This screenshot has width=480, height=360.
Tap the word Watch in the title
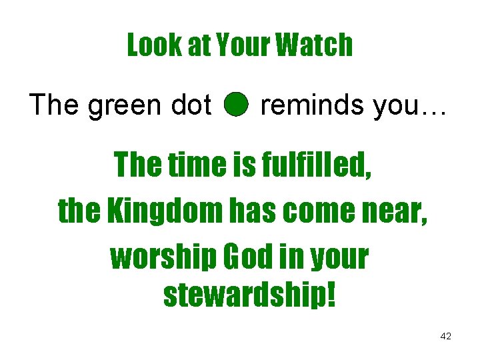[x=314, y=45]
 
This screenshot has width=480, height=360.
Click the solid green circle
[x=235, y=105]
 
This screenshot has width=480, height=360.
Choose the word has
[x=255, y=211]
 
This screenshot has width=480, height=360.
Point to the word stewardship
[x=249, y=295]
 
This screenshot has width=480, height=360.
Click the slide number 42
[x=445, y=337]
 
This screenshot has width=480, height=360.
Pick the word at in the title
[x=189, y=45]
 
